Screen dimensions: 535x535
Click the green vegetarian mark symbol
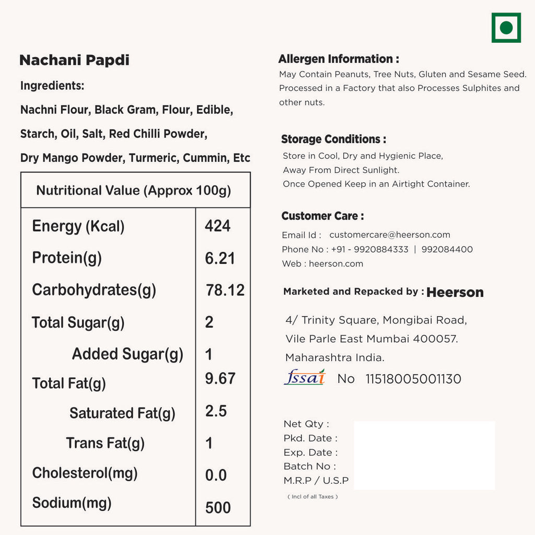[x=506, y=28]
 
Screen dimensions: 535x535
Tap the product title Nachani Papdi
[x=74, y=60]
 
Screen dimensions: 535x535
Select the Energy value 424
[x=217, y=226]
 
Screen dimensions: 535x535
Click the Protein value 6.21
[x=219, y=258]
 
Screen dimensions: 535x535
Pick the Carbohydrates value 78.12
[x=225, y=290]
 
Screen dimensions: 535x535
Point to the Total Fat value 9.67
[x=220, y=378]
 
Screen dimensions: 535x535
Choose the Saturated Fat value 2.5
[x=216, y=411]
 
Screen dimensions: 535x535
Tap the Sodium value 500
[x=218, y=507]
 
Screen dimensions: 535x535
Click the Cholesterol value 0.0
[x=216, y=475]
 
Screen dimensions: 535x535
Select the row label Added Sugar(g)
[x=127, y=354]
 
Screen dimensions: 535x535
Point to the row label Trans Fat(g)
[x=105, y=444]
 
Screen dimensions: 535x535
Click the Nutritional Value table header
[x=133, y=190]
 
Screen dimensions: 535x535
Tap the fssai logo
[x=305, y=377]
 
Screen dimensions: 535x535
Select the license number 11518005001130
[x=413, y=379]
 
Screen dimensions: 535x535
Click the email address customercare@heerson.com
[x=390, y=235]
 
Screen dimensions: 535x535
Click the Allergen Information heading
[x=339, y=59]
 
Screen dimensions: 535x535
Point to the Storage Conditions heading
[x=333, y=139]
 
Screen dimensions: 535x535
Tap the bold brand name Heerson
[x=455, y=293]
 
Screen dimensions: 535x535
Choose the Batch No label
[x=310, y=466]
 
